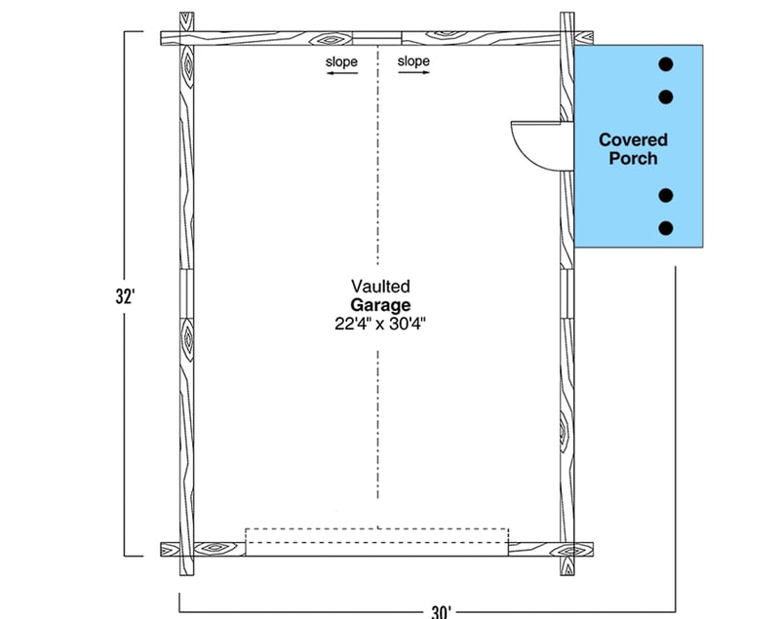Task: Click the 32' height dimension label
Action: pos(126,296)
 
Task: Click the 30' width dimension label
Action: pos(442,611)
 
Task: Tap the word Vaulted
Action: pos(380,287)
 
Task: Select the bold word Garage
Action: pos(380,305)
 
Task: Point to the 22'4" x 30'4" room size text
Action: pos(380,324)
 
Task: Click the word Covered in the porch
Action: pos(633,139)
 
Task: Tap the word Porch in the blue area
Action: pos(633,159)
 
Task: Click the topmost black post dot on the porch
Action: pos(666,64)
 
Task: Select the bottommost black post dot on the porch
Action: pos(666,228)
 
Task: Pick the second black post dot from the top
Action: pos(666,97)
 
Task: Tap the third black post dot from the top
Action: pos(666,195)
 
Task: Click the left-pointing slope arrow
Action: pos(342,73)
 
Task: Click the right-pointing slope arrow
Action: pos(413,72)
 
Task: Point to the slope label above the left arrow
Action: pos(342,62)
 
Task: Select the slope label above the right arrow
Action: pos(413,61)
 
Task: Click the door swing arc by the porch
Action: pos(540,146)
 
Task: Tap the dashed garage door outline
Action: pos(377,535)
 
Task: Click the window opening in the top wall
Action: pos(377,38)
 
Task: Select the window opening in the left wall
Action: pos(186,293)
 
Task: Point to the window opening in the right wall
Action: pos(567,293)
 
